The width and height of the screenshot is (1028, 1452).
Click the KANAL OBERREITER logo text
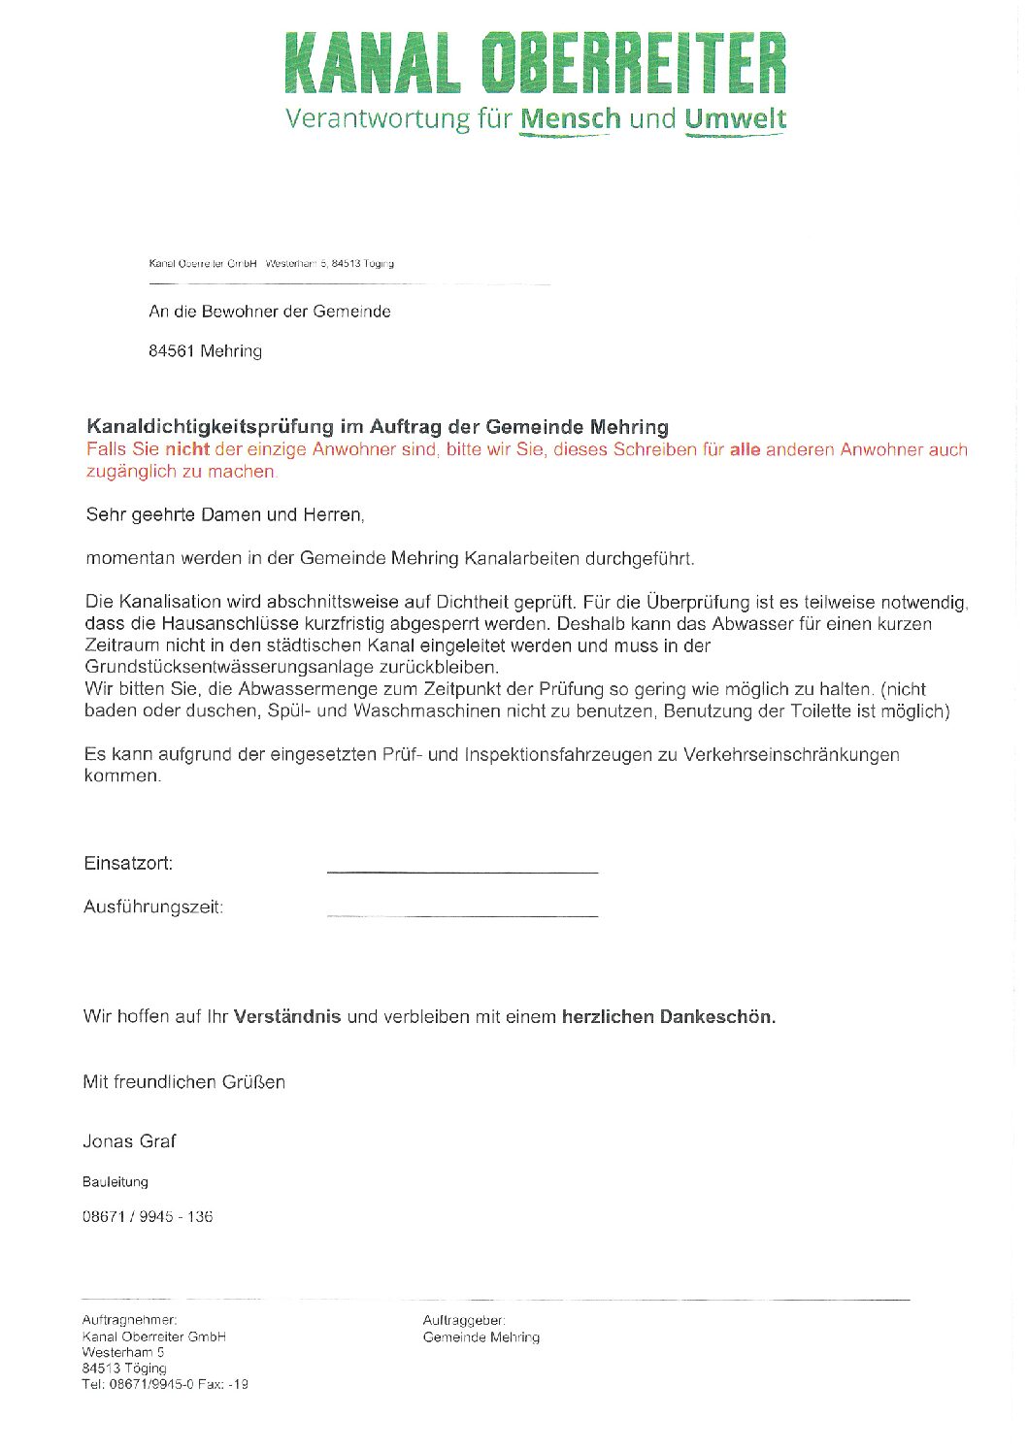click(535, 64)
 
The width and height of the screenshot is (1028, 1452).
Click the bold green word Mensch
click(570, 119)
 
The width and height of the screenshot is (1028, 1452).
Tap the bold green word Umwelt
click(735, 119)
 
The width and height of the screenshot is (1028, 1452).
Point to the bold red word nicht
click(187, 449)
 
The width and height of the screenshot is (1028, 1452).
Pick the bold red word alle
click(745, 449)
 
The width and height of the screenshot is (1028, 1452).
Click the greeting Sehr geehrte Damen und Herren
click(225, 515)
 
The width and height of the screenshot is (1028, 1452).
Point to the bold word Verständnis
click(287, 1017)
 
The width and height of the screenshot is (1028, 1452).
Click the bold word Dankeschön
click(717, 1017)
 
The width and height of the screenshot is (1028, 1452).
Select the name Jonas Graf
click(129, 1141)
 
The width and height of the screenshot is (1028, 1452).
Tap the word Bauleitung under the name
click(116, 1182)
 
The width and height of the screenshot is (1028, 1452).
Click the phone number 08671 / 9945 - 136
click(148, 1217)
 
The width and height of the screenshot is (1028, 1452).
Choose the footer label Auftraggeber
click(464, 1321)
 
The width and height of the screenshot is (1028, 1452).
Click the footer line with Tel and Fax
click(165, 1385)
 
